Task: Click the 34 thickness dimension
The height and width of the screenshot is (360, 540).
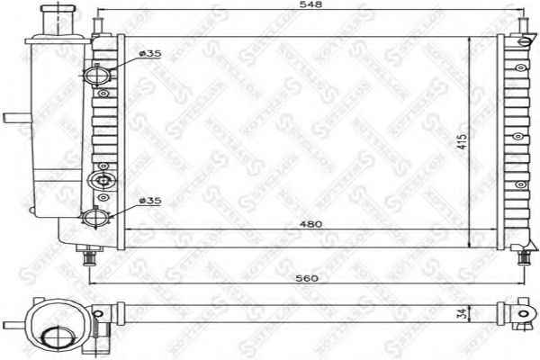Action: (x=462, y=315)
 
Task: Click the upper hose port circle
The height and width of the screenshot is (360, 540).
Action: (x=96, y=75)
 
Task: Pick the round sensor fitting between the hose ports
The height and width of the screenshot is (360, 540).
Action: (x=103, y=182)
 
